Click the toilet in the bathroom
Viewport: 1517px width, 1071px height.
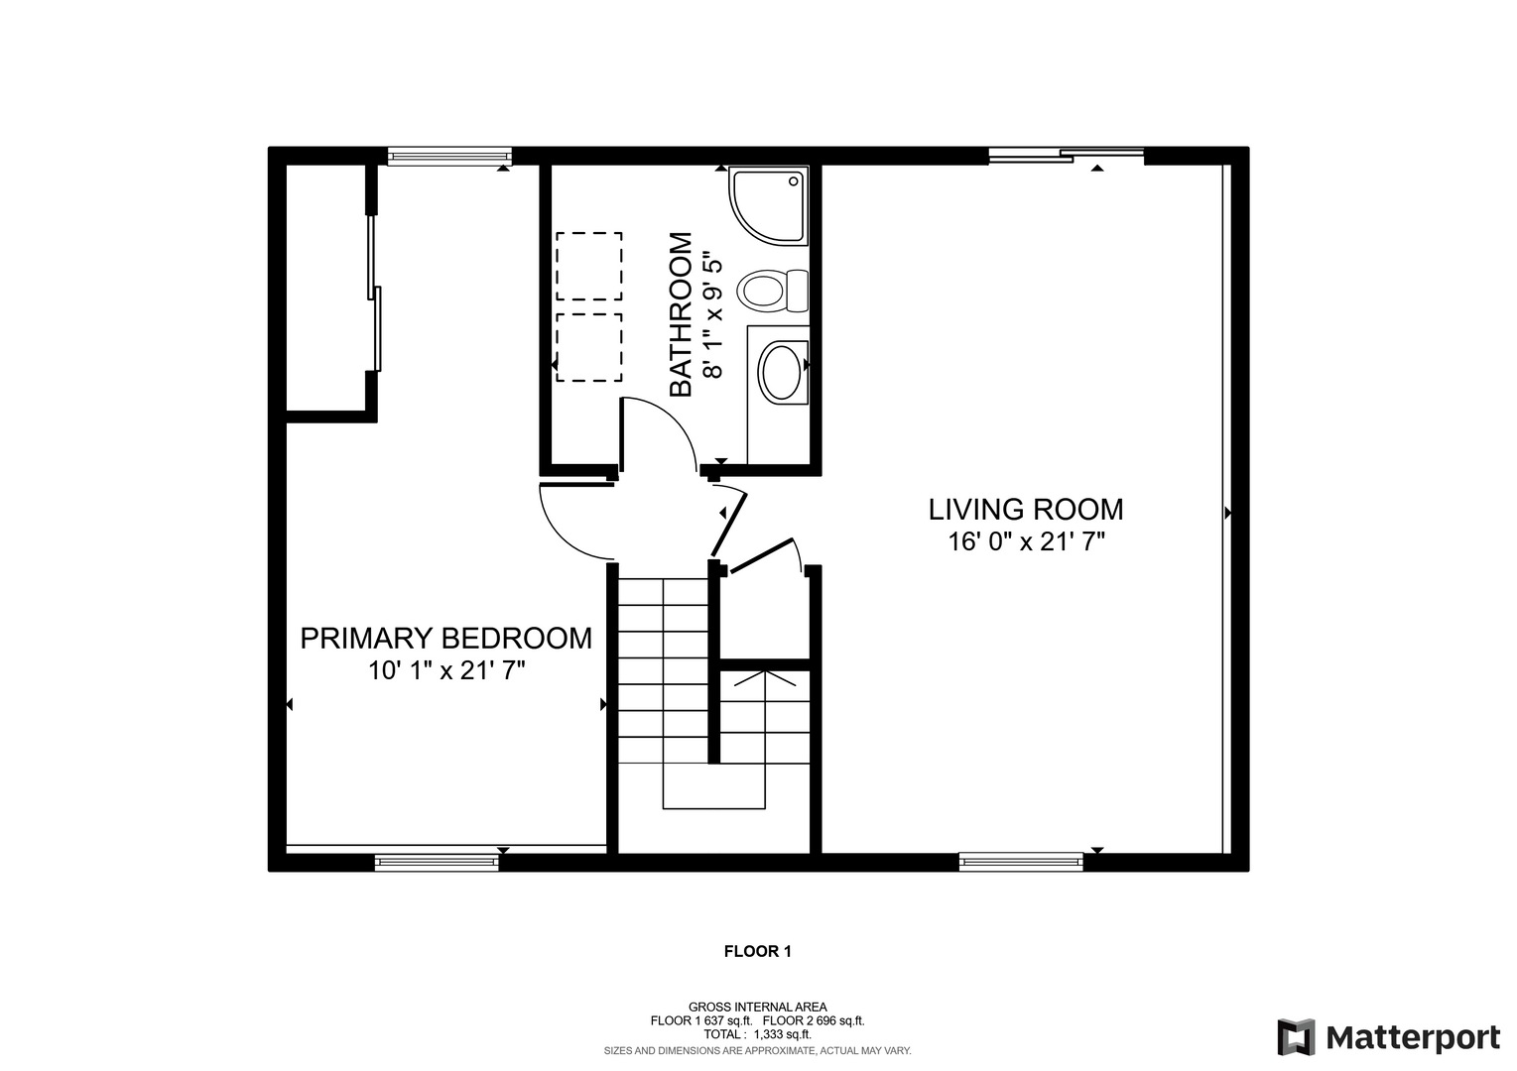click(772, 292)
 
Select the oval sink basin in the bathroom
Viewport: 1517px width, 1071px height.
click(781, 372)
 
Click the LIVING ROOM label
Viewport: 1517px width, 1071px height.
click(1025, 510)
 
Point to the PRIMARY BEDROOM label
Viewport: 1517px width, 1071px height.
click(445, 639)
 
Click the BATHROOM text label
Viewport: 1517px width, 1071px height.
click(681, 314)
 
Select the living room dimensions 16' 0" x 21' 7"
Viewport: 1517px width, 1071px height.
click(1026, 541)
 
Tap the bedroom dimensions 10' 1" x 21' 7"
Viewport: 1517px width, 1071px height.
click(446, 671)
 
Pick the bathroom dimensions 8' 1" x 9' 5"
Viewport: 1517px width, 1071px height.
click(713, 315)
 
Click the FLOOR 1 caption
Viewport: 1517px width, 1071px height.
click(757, 951)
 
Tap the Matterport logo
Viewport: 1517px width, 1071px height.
click(1388, 1037)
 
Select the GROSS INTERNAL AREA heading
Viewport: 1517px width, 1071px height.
click(757, 1008)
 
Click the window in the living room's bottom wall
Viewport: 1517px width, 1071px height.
click(1021, 861)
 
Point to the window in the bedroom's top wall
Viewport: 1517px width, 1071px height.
click(449, 157)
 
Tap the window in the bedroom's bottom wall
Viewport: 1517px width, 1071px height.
click(437, 861)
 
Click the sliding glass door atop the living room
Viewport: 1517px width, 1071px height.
click(1066, 156)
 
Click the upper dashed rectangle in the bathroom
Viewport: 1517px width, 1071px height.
click(588, 266)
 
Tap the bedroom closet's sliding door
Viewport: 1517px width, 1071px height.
click(374, 294)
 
